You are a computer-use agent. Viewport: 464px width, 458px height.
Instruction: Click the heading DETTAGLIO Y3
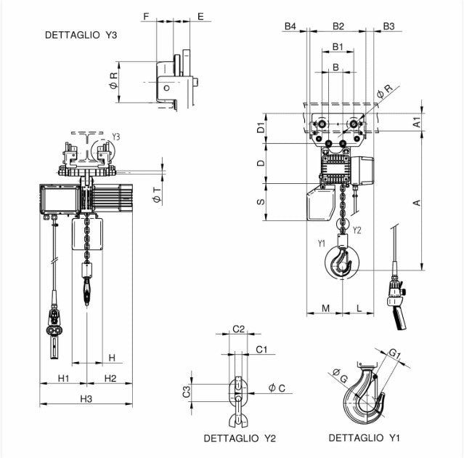[81, 34]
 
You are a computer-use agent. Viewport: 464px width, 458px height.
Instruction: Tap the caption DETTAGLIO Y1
[364, 438]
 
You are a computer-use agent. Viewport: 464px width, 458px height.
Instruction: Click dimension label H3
[86, 398]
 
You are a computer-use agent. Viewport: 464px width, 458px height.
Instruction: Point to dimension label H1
[63, 378]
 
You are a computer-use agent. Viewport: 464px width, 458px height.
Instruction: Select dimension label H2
[110, 378]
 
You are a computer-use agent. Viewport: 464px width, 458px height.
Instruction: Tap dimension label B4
[290, 26]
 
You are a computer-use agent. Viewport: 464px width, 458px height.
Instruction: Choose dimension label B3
[388, 26]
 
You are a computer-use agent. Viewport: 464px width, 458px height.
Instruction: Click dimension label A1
[418, 122]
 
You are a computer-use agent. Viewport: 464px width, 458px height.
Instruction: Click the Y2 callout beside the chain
[357, 230]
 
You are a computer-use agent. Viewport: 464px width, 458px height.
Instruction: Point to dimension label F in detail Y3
[146, 15]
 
